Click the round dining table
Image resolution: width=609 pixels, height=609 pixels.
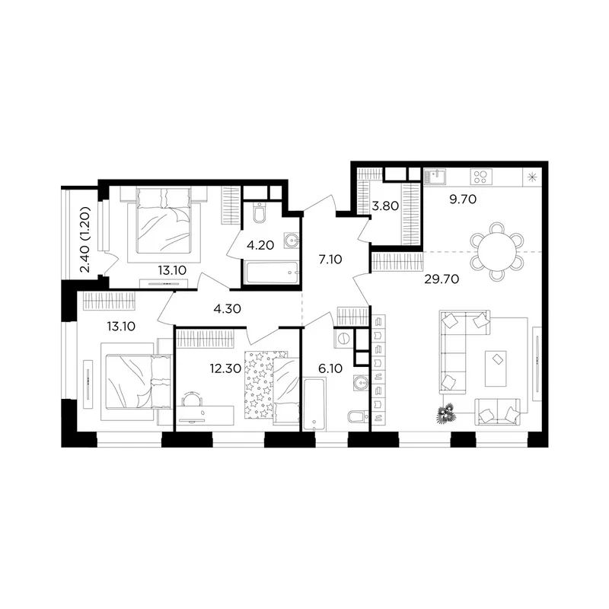point(497,252)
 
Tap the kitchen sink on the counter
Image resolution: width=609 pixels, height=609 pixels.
point(435,177)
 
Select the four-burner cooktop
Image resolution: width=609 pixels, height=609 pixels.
point(481,177)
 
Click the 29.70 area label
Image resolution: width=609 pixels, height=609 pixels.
point(442,279)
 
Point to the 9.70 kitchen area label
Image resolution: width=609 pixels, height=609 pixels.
point(463,199)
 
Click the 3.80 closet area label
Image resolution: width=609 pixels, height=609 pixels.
point(385,206)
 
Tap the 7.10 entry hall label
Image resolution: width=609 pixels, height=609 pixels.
point(330,259)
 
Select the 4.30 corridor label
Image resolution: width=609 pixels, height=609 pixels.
point(227,309)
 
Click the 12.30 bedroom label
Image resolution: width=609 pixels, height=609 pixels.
point(225,368)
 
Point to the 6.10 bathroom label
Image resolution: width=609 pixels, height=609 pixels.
point(330,368)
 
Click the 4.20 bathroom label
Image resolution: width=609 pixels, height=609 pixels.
point(260,245)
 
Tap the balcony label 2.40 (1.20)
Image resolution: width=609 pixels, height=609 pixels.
point(85,239)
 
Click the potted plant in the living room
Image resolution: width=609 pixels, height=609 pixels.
point(445,413)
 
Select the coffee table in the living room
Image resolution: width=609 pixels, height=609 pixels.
point(496,368)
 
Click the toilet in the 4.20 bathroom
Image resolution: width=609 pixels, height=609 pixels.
point(259,212)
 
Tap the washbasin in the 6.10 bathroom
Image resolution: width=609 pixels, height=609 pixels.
point(361,383)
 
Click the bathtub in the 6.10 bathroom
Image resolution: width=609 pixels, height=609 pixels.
point(314,404)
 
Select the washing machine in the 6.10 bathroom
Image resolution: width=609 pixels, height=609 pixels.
point(343,339)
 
